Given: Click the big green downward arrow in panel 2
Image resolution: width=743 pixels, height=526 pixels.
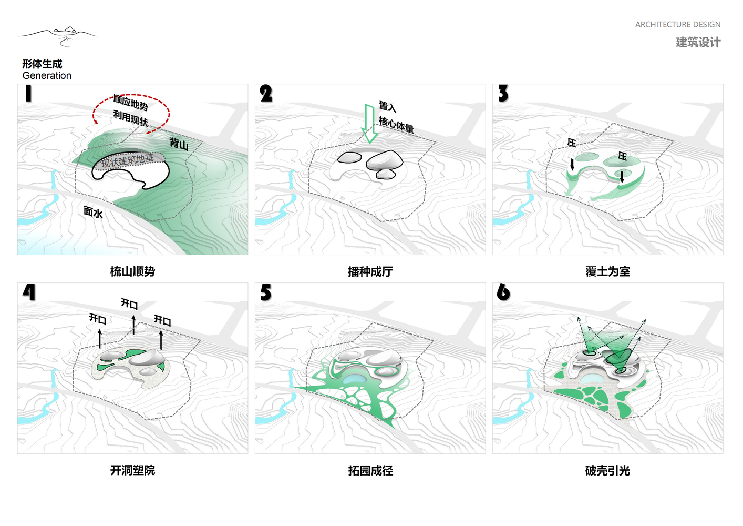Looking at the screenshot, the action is pyautogui.click(x=369, y=124).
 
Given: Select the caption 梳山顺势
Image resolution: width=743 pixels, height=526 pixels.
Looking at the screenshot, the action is pyautogui.click(x=132, y=271).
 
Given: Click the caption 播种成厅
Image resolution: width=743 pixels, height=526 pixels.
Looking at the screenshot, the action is pyautogui.click(x=370, y=271).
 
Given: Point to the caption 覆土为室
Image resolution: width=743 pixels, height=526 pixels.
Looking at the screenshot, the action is pyautogui.click(x=607, y=271).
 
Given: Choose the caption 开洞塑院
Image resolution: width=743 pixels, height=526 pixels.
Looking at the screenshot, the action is pyautogui.click(x=132, y=470).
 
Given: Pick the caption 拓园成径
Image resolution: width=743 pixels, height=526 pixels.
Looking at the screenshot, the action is pyautogui.click(x=370, y=471).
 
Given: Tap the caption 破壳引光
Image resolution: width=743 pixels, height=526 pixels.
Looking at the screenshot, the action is pyautogui.click(x=607, y=471).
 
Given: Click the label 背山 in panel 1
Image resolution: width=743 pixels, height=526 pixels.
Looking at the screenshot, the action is pyautogui.click(x=179, y=144).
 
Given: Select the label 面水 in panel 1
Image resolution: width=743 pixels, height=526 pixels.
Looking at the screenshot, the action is pyautogui.click(x=93, y=212).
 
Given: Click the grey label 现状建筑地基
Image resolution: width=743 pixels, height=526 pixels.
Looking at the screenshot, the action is pyautogui.click(x=128, y=160).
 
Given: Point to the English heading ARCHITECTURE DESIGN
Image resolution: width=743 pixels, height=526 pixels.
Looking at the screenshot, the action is pyautogui.click(x=678, y=25).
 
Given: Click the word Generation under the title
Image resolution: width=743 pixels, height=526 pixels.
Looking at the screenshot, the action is pyautogui.click(x=47, y=76).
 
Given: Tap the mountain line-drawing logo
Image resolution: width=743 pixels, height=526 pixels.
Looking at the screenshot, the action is pyautogui.click(x=58, y=36).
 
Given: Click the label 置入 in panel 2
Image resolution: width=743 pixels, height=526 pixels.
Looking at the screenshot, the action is pyautogui.click(x=387, y=107).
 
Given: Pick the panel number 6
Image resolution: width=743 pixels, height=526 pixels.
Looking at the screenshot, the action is pyautogui.click(x=503, y=292).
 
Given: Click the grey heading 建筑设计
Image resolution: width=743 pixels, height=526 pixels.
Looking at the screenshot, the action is pyautogui.click(x=698, y=42).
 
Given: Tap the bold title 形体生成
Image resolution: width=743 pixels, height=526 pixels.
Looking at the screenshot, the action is pyautogui.click(x=42, y=64).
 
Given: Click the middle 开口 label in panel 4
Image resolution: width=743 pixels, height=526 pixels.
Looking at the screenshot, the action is pyautogui.click(x=129, y=304).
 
